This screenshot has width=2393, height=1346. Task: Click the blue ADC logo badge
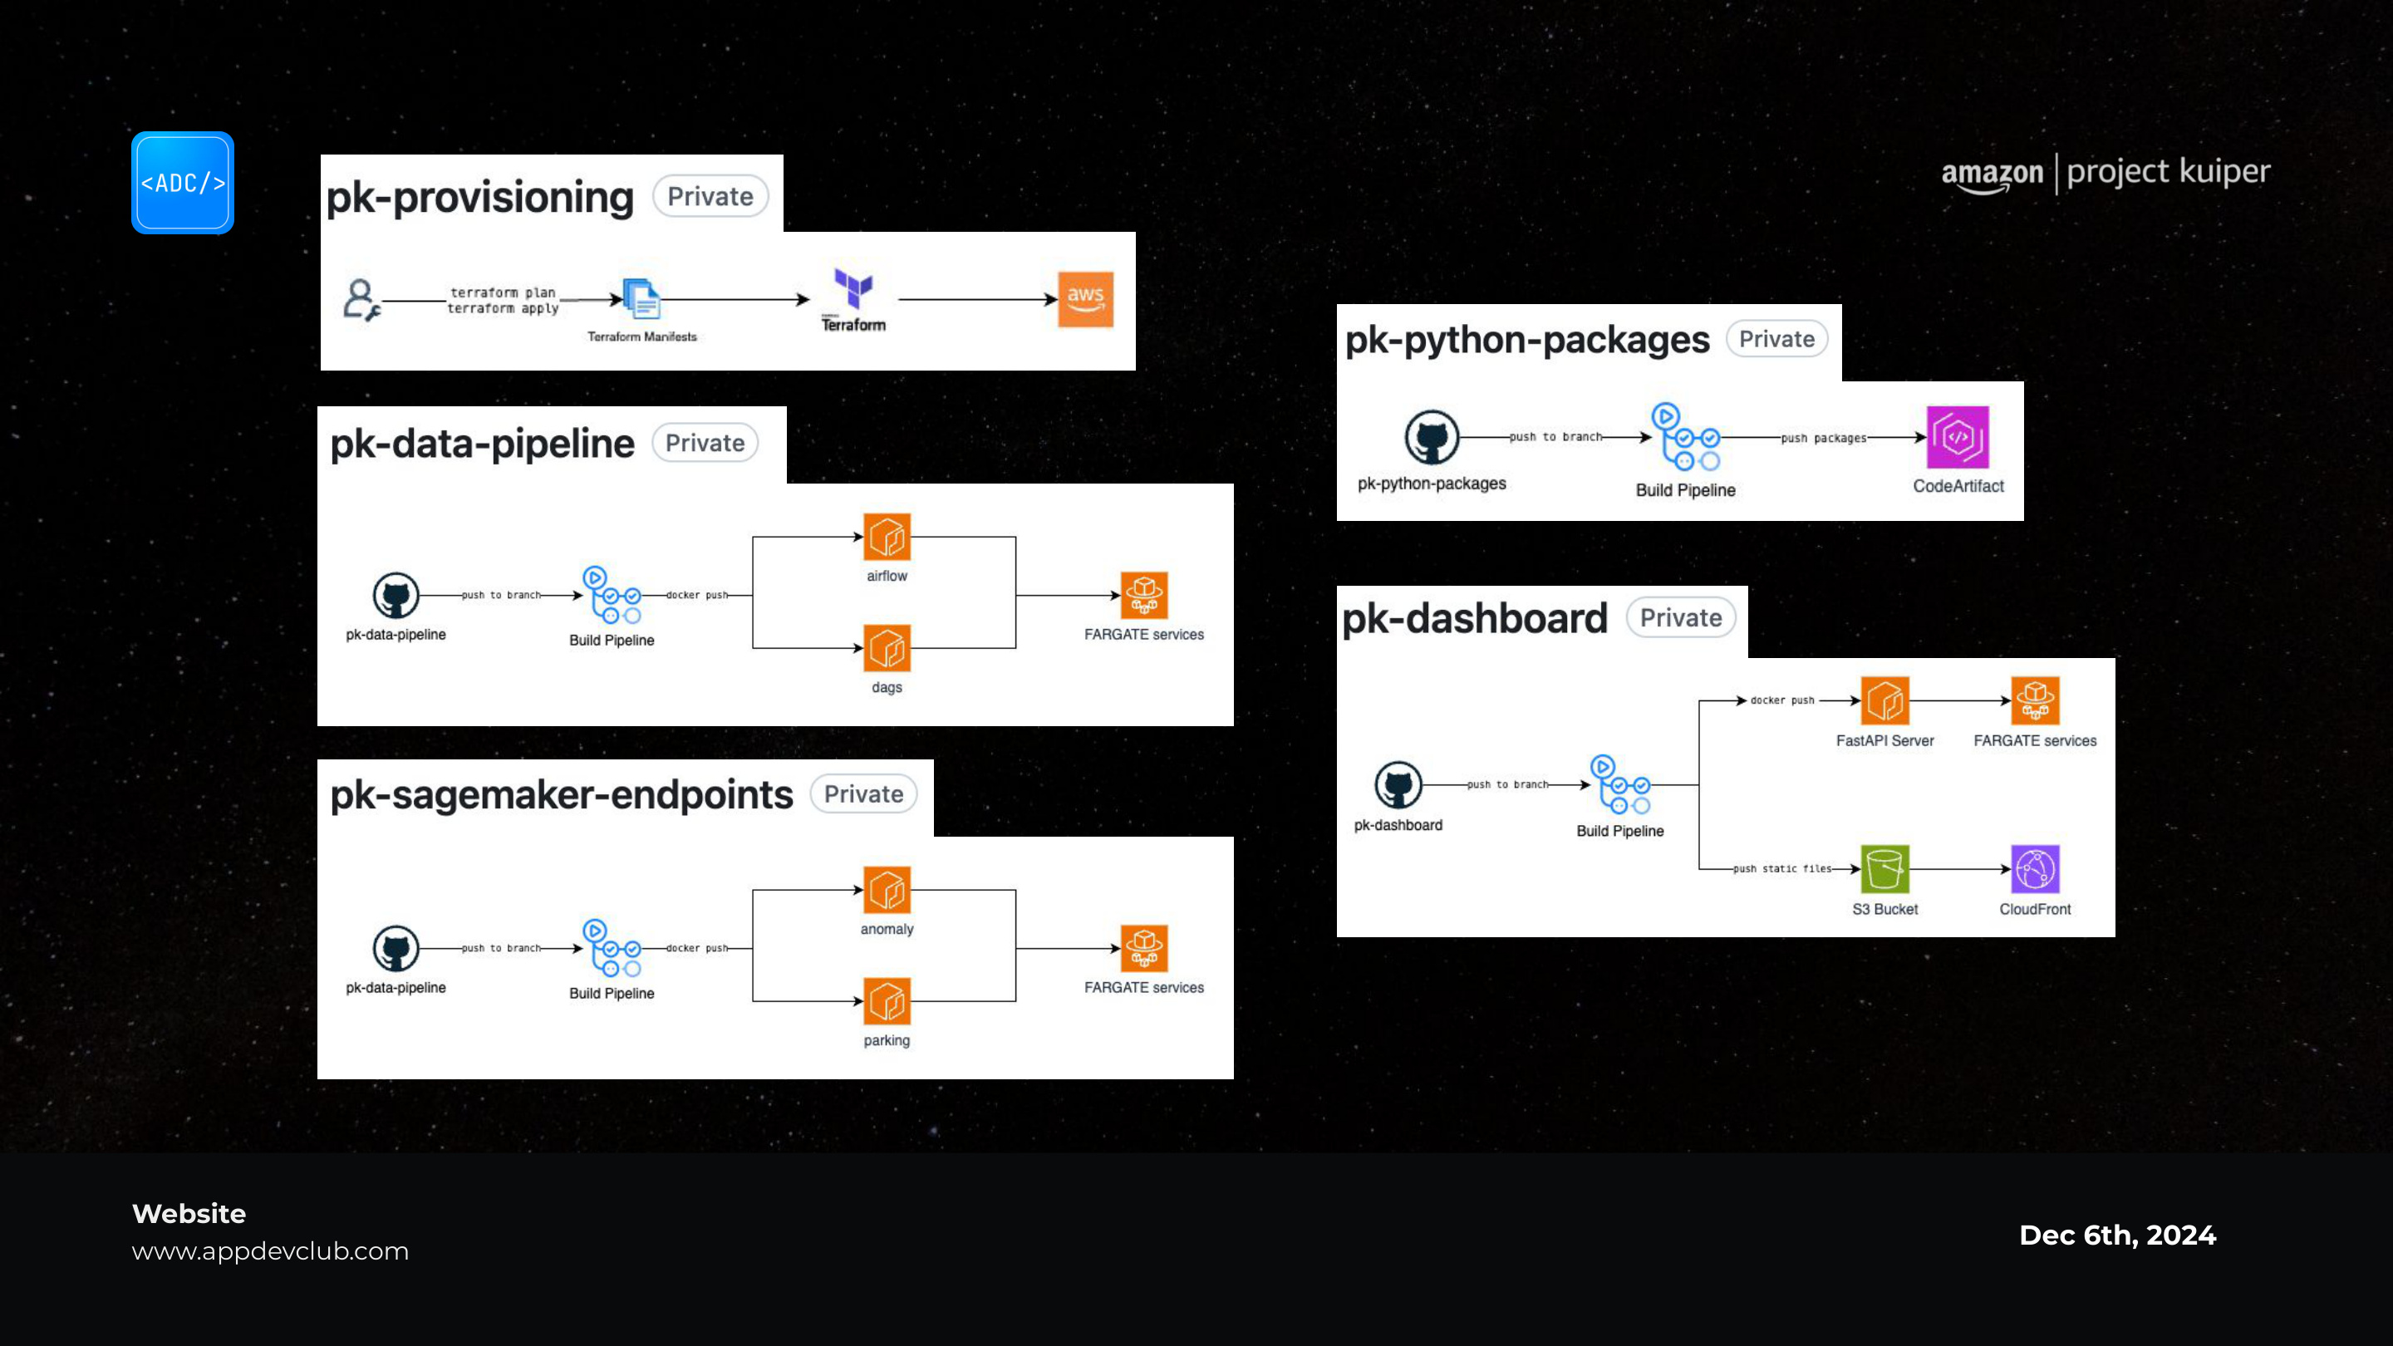click(x=182, y=182)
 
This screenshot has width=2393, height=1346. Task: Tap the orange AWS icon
click(x=1085, y=299)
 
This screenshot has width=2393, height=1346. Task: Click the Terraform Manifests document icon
click(x=641, y=299)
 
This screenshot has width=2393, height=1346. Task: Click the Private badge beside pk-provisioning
click(x=710, y=196)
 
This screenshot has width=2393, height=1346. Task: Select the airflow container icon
click(x=887, y=537)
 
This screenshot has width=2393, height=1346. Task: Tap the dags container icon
click(x=887, y=647)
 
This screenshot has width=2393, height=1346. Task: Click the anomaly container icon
click(x=887, y=890)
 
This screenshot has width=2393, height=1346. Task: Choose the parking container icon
click(x=887, y=1001)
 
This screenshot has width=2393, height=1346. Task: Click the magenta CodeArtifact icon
click(x=1958, y=436)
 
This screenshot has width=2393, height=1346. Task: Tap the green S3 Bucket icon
click(x=1884, y=868)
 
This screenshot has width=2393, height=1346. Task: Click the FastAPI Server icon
click(x=1884, y=700)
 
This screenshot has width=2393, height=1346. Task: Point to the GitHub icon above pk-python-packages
click(x=1432, y=436)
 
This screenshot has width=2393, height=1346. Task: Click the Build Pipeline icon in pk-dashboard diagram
click(x=1620, y=785)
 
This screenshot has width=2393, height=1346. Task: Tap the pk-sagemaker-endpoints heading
click(x=562, y=794)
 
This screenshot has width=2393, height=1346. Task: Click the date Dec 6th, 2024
click(x=2118, y=1235)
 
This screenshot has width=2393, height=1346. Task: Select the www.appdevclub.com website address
click(x=270, y=1251)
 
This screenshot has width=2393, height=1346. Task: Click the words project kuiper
click(x=2168, y=173)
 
